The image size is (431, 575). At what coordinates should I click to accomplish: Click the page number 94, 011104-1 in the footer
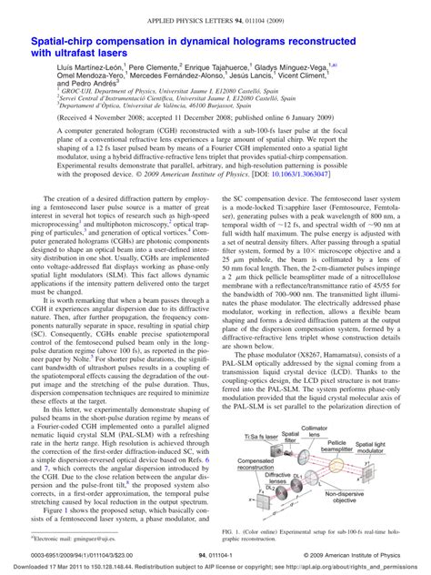pos(215,553)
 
